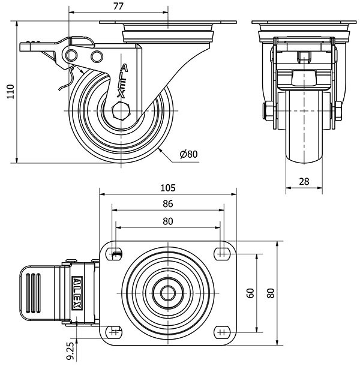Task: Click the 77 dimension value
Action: (x=118, y=7)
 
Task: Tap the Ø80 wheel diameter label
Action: (x=188, y=154)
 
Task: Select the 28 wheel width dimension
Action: (x=304, y=181)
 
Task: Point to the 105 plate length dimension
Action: (x=168, y=188)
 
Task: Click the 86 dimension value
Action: (x=168, y=204)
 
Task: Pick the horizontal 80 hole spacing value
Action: (x=168, y=221)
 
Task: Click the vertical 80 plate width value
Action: (x=271, y=293)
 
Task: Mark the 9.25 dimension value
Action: (x=71, y=349)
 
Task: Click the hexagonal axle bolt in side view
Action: (x=122, y=111)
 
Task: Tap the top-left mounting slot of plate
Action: (x=114, y=254)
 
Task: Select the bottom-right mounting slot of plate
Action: (x=222, y=332)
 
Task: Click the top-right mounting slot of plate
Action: (x=222, y=254)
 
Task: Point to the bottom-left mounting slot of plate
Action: (x=114, y=332)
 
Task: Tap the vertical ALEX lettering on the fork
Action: (x=122, y=80)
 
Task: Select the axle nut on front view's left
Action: (x=268, y=111)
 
